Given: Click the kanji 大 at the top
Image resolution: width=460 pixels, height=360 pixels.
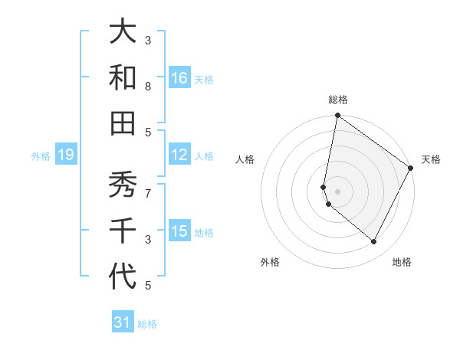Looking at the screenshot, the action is coord(123,32).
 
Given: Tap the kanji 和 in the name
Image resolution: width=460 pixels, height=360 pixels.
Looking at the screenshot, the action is coord(123,77).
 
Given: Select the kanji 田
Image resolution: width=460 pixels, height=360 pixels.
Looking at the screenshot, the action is coord(123,123).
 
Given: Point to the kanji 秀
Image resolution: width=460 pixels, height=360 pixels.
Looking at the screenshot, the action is coord(123,185).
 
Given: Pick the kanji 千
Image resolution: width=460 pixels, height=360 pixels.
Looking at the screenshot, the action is coord(123,231).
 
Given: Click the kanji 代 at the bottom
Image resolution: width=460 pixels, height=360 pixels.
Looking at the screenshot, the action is coord(123,276).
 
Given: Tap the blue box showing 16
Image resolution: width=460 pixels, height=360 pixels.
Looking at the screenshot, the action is coord(179,78).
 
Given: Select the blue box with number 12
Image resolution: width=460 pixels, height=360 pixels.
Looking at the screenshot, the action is coord(179,155).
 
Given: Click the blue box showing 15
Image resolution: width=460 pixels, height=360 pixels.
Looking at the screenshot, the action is coord(179,231).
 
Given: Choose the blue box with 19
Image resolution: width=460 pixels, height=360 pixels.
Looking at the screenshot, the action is coord(66,155).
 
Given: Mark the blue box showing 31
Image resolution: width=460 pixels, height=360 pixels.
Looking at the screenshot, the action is coord(123,322).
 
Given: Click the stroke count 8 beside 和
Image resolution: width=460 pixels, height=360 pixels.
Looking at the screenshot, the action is coord(148,87).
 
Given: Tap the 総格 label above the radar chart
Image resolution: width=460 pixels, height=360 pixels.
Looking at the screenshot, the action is coord(338,100).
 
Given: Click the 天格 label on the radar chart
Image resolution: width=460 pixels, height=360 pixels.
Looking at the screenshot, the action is coord(431,159).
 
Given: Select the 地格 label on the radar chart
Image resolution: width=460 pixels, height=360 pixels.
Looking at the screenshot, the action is coord(402,262).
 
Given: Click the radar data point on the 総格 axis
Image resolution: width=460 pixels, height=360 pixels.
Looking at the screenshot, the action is coord(337,116).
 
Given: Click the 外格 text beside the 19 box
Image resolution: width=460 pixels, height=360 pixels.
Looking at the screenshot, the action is coord(41,156).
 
